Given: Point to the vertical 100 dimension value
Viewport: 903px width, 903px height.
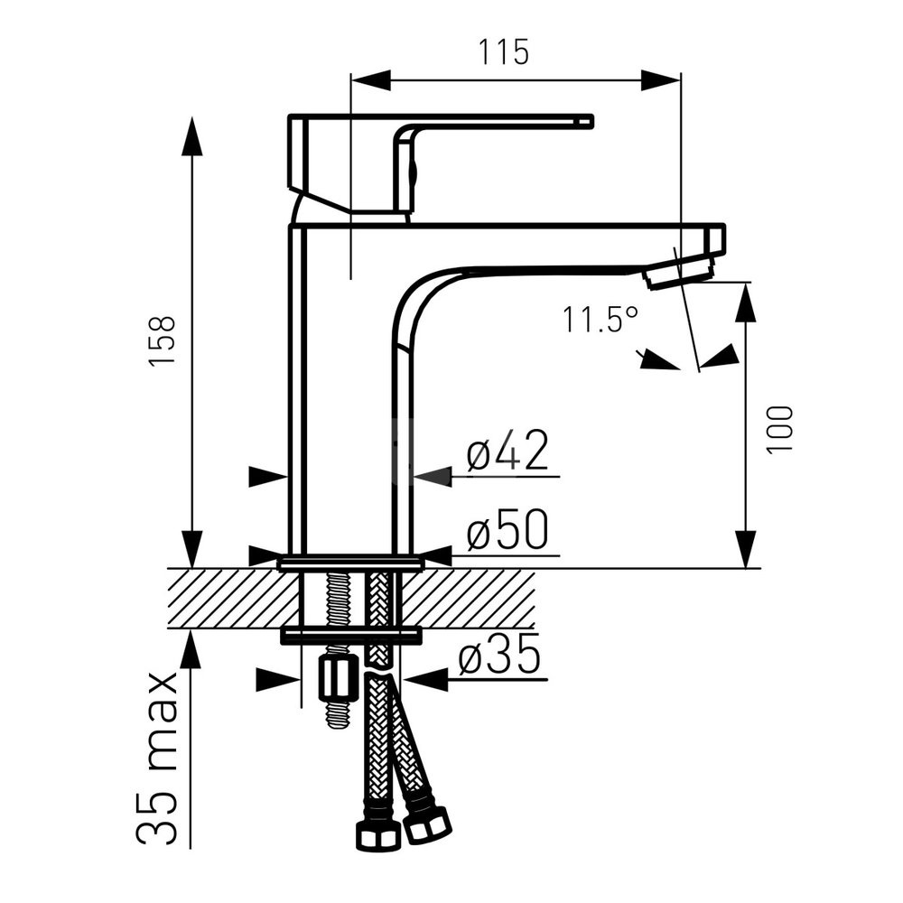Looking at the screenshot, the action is (x=780, y=430).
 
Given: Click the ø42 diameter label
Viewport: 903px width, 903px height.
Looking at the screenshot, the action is (x=507, y=451).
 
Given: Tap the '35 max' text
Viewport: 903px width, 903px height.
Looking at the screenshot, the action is (x=157, y=758).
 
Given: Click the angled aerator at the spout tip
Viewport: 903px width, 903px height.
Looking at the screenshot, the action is (x=680, y=274).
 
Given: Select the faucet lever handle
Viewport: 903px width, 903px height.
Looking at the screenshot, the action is (x=440, y=163).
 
